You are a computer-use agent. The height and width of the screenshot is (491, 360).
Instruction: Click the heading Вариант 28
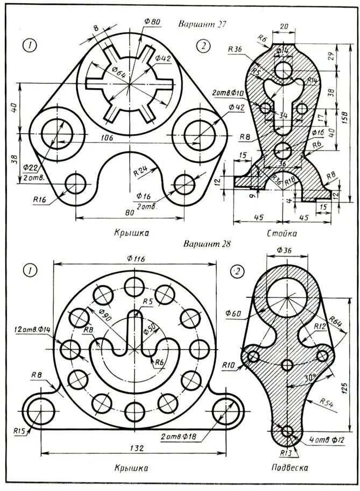[207, 243]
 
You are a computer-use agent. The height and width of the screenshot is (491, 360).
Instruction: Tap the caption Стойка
[281, 233]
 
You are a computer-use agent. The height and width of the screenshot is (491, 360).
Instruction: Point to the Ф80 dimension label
[152, 22]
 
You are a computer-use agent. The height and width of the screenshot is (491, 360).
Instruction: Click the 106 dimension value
[107, 138]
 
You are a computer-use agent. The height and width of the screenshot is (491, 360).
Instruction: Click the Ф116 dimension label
[136, 258]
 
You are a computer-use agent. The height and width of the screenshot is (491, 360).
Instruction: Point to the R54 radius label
[326, 401]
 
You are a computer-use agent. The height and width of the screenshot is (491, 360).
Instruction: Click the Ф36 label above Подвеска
[284, 251]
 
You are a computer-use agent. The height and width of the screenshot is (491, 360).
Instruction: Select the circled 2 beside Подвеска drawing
[236, 272]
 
